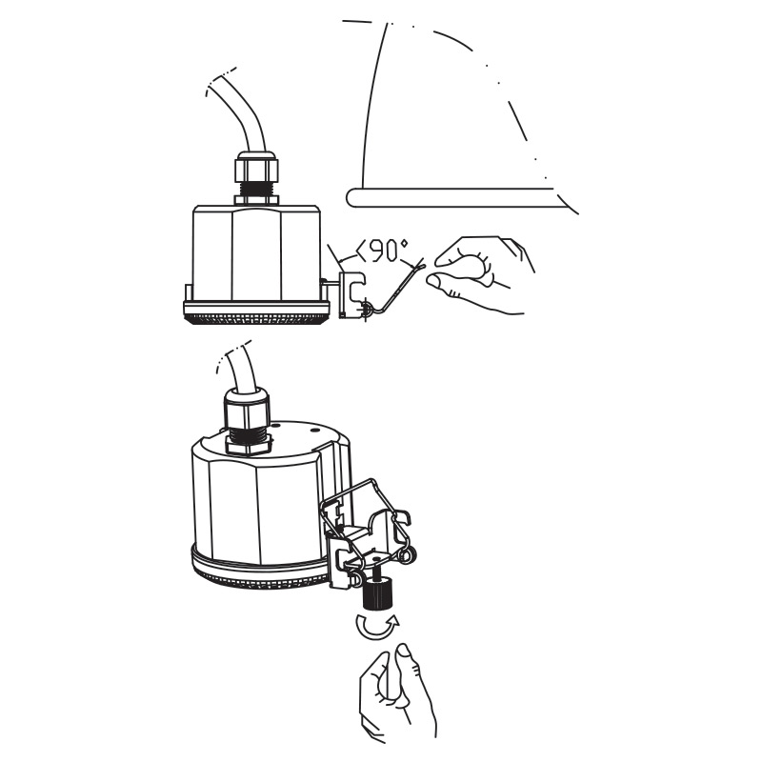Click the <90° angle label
pyautogui.click(x=383, y=251)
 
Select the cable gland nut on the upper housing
pyautogui.click(x=256, y=169)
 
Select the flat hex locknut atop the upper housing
pyautogui.click(x=256, y=200)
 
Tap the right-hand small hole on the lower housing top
pyautogui.click(x=313, y=431)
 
